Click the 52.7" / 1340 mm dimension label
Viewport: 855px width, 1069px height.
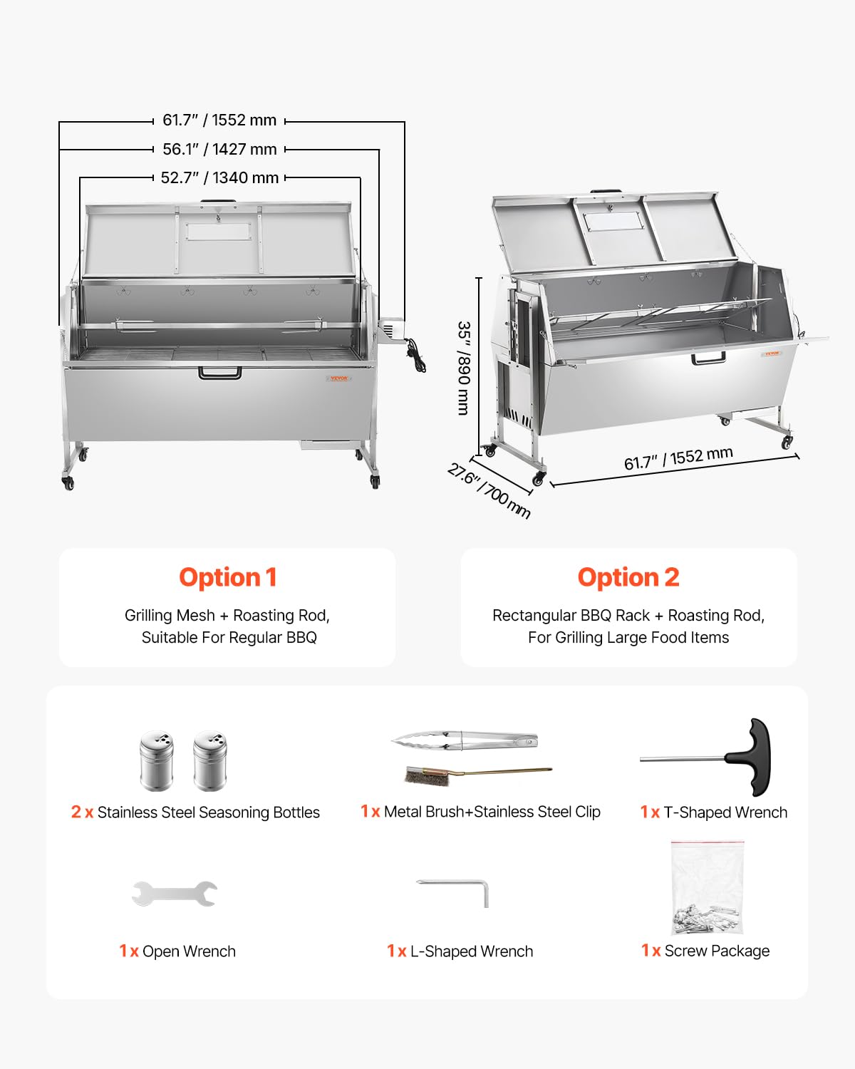219,177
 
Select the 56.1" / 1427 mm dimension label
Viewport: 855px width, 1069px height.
219,149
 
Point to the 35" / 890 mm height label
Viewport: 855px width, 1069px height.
464,368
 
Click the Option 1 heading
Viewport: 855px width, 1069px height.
227,577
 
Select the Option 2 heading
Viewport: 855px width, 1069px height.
628,577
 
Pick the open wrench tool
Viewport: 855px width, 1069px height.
175,893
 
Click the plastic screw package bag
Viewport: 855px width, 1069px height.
707,888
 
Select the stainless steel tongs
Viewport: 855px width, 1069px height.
465,740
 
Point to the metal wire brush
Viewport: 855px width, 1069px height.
427,777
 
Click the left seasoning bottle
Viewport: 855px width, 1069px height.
157,760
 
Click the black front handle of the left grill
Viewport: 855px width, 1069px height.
219,372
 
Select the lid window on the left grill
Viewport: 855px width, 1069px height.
219,232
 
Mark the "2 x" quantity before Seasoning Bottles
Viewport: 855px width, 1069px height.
82,812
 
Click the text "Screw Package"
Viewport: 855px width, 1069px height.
716,951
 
